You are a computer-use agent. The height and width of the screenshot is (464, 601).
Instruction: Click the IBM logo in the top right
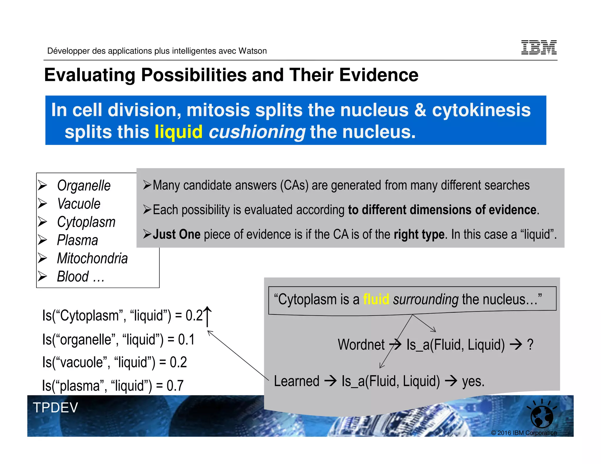[539, 47]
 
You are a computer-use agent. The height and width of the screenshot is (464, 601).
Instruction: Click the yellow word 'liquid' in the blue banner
[178, 132]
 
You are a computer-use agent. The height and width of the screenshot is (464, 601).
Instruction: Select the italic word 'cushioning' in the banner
[257, 132]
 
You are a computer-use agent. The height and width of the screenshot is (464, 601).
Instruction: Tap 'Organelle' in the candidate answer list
[84, 186]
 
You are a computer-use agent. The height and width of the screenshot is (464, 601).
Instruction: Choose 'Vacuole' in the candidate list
[79, 204]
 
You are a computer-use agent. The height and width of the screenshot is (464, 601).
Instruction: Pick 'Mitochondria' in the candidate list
[92, 258]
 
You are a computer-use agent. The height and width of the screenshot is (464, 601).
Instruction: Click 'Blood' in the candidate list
[73, 277]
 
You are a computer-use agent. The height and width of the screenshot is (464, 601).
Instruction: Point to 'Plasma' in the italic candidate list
[77, 240]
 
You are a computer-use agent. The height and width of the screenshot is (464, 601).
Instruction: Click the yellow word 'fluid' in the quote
[376, 299]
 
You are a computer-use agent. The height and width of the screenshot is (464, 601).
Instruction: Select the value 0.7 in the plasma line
[175, 385]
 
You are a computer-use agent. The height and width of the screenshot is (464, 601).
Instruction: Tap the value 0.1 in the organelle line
[186, 340]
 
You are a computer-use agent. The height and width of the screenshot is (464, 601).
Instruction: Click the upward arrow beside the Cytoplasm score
[207, 316]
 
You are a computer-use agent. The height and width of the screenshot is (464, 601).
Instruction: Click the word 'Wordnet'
[361, 345]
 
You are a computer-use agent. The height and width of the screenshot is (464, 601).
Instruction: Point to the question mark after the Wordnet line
[530, 345]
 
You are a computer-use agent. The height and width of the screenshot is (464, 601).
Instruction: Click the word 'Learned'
[296, 381]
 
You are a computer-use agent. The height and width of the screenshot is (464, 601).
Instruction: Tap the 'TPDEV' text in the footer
[55, 408]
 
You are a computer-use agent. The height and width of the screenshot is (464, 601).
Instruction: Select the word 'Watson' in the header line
[253, 51]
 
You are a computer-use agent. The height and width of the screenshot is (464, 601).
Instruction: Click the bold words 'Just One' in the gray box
[176, 234]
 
